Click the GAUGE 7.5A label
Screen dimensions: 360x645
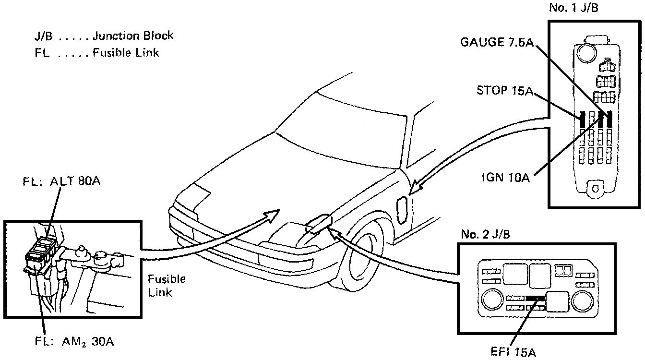coord(497,42)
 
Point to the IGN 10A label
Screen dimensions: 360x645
coord(505,179)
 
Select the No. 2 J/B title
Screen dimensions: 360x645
coord(485,234)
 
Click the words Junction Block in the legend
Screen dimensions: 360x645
coord(133,36)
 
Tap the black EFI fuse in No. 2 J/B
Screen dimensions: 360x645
coord(535,298)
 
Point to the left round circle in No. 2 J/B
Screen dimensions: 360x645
coord(492,300)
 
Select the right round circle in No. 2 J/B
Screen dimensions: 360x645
coord(583,299)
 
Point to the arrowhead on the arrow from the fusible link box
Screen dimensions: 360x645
coord(274,215)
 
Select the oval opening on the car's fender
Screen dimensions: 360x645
coord(402,210)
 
